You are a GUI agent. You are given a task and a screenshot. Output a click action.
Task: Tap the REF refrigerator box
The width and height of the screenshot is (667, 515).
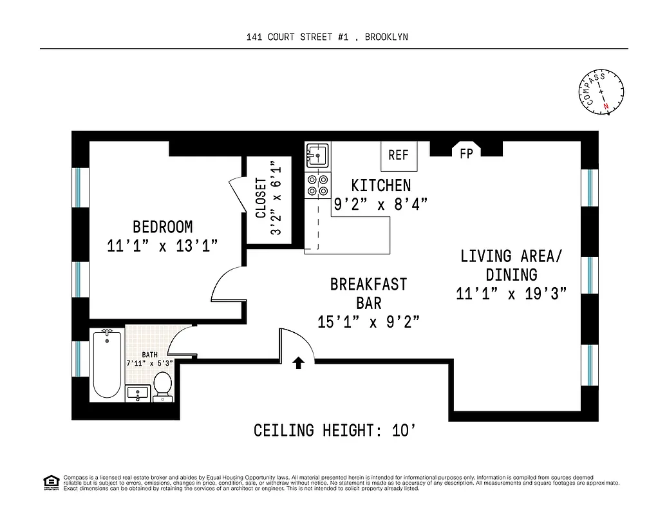click(399, 155)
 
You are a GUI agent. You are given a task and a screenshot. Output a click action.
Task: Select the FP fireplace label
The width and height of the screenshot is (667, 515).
click(466, 153)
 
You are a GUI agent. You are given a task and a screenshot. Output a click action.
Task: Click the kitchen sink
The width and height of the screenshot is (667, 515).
click(317, 155)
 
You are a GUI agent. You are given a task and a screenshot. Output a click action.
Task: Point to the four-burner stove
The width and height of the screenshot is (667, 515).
click(317, 185)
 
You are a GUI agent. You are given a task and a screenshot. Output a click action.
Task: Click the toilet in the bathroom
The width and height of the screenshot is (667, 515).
click(163, 385)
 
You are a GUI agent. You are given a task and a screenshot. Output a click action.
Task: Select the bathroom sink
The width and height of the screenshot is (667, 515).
click(138, 393)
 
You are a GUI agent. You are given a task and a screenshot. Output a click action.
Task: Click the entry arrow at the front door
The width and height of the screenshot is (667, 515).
click(298, 363)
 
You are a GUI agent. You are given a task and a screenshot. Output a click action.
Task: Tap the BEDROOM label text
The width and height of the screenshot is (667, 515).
click(162, 227)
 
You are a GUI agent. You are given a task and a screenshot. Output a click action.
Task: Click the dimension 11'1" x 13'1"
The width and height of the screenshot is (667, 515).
click(162, 246)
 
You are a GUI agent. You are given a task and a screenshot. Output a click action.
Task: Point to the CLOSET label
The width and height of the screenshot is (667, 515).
click(261, 198)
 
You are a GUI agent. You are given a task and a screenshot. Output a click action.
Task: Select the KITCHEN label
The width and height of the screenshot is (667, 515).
click(380, 185)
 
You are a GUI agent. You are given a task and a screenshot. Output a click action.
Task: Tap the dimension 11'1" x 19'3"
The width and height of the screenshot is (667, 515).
click(511, 294)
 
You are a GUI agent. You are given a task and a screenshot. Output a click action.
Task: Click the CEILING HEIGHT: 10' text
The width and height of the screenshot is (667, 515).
click(339, 430)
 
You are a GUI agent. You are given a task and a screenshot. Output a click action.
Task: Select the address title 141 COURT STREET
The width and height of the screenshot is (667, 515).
click(326, 37)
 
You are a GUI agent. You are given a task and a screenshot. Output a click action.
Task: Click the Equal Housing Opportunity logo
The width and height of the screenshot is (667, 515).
click(50, 482)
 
